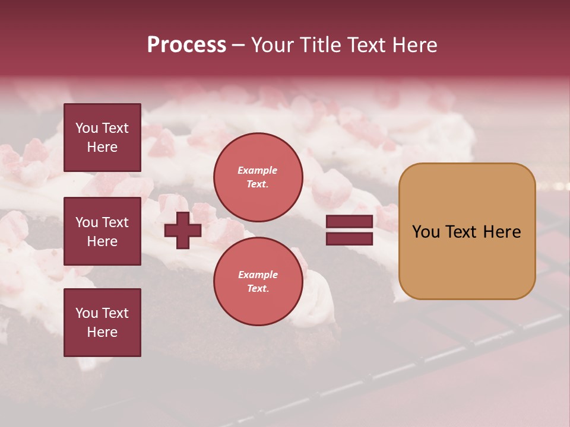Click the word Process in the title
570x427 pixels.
coord(186,45)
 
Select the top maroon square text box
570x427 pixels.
coord(102,138)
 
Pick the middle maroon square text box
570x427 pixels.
coord(102,231)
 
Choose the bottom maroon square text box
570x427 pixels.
coord(102,323)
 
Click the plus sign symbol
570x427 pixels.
coord(183,231)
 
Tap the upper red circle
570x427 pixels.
coord(258,177)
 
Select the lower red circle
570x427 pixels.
coord(258,282)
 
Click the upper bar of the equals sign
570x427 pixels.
coord(349,222)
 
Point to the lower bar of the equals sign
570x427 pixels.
coord(349,239)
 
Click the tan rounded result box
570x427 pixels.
coord(467,231)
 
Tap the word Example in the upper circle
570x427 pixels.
coord(258,170)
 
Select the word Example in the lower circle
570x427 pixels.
coord(258,275)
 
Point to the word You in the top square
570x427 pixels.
coord(86,128)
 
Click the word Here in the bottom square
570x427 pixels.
coord(102,332)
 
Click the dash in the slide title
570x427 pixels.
coord(239,46)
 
